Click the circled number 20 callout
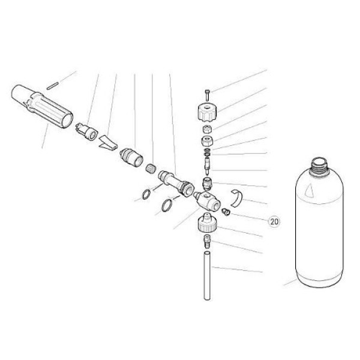(274, 221)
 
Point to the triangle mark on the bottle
(310, 191)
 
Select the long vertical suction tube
(207, 275)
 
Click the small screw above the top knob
(207, 95)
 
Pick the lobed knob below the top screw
(208, 112)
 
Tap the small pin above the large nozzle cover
(53, 85)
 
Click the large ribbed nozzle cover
(42, 106)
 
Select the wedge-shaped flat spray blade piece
(108, 142)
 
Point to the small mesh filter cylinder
(151, 169)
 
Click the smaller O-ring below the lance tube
(146, 194)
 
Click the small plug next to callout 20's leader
(226, 212)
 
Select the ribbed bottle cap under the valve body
(208, 223)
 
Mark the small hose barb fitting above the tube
(207, 241)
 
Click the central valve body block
(206, 200)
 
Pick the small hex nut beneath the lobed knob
(207, 129)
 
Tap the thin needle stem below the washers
(207, 166)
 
